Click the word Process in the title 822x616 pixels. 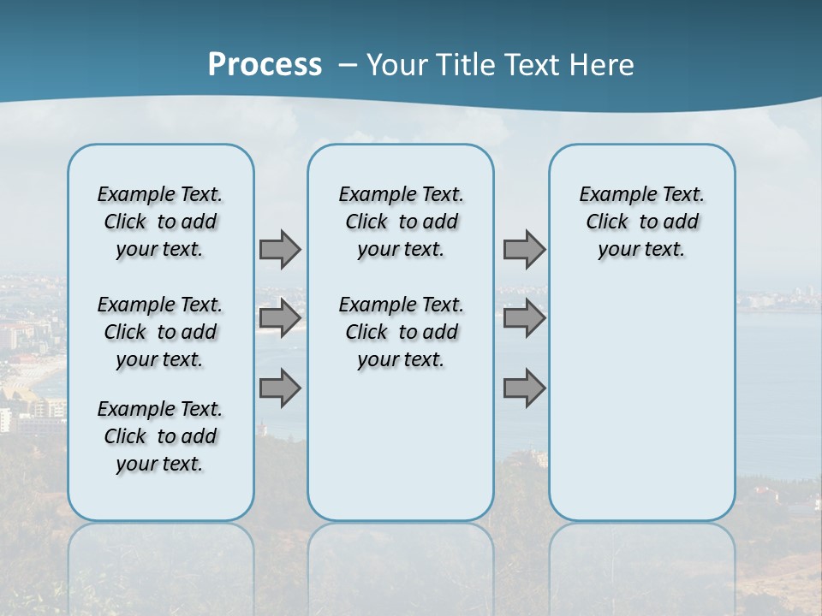265,64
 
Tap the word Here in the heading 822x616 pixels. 601,64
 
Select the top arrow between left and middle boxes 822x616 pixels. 280,249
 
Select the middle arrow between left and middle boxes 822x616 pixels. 280,318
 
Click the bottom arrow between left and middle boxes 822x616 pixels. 280,388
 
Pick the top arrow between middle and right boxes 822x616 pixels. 524,249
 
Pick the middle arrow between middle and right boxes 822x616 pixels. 524,318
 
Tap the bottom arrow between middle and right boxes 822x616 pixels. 524,388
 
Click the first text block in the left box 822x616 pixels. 160,222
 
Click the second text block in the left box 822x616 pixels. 160,332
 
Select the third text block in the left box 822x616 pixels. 160,436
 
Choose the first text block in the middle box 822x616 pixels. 401,222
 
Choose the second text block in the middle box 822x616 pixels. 401,332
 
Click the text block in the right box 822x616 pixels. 641,222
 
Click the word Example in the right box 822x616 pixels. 611,195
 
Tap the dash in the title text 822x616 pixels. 348,64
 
